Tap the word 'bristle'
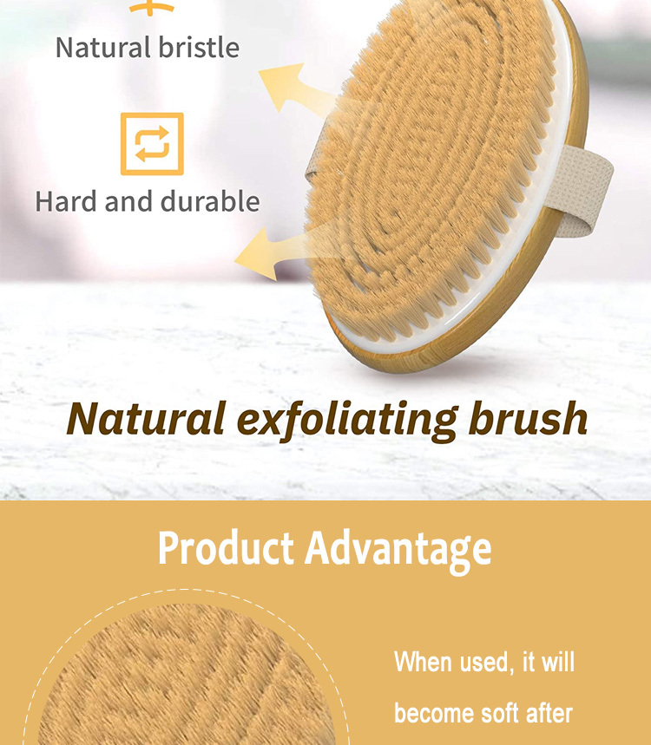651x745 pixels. point(199,47)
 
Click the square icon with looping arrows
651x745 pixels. point(152,144)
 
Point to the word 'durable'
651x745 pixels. point(210,201)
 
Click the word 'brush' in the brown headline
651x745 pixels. point(528,418)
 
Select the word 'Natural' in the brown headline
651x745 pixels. point(146,419)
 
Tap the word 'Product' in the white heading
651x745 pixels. point(226,548)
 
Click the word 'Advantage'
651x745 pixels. point(398,551)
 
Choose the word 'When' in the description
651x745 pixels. point(423,662)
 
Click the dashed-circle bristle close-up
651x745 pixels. point(187,675)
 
